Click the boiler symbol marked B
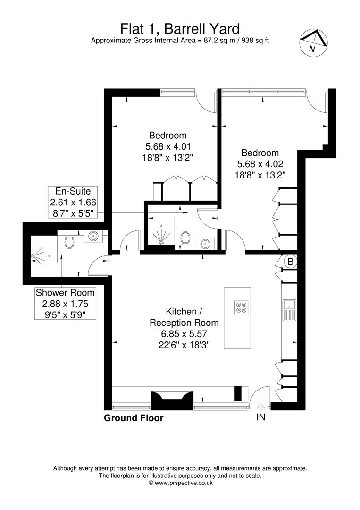[290, 261]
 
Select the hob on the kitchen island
[241, 307]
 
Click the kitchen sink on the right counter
[289, 310]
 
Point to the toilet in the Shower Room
[70, 242]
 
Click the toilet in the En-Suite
[185, 238]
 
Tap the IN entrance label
[261, 417]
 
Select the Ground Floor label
[134, 418]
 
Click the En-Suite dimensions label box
[73, 202]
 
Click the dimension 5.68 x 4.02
[260, 164]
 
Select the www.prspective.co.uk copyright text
[180, 483]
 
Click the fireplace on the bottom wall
[171, 401]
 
